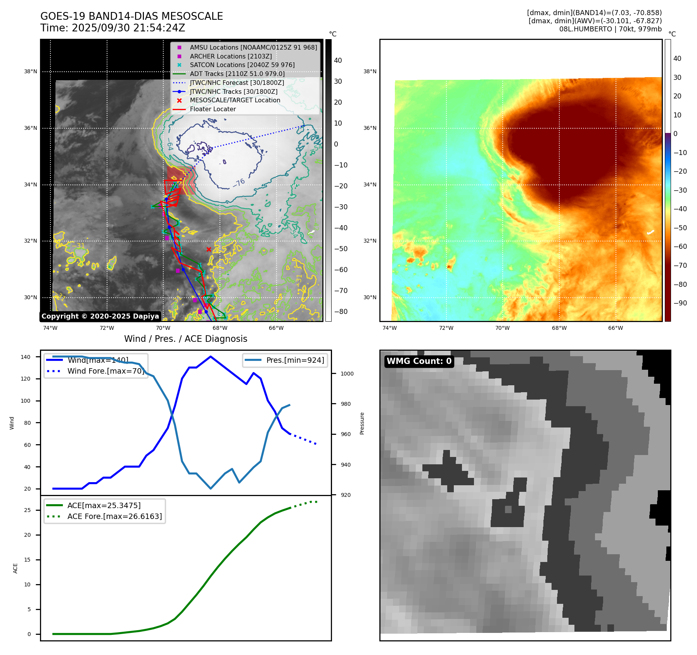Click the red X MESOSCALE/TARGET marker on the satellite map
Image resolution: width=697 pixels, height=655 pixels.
pos(209,249)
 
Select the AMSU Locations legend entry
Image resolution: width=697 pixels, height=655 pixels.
pos(253,47)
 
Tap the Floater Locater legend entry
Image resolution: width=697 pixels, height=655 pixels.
pos(213,109)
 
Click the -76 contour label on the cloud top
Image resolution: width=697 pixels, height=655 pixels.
pos(239,182)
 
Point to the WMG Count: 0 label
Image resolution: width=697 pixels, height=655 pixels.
pos(419,361)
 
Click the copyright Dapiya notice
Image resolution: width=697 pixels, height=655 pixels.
pos(100,316)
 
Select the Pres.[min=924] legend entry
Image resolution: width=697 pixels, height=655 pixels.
pos(295,360)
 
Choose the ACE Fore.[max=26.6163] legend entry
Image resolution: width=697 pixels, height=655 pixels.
pos(114,516)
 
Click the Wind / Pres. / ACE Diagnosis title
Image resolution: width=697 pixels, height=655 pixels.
pos(185,339)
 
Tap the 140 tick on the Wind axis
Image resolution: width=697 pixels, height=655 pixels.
pos(26,357)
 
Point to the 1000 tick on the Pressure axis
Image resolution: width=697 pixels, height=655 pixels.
pos(347,374)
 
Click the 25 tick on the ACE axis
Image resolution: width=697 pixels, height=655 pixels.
pos(27,510)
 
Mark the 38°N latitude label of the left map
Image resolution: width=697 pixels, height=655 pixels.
pos(31,71)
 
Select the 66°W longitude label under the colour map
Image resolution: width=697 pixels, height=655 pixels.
pos(615,328)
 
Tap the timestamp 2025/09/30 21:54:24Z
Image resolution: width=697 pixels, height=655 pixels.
pos(128,28)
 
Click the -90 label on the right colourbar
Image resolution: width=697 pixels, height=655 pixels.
pos(680,303)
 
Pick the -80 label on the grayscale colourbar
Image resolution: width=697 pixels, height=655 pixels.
pos(341,312)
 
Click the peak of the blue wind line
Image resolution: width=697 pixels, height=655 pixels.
pos(211,357)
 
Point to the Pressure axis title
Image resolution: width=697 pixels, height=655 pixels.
pos(362,423)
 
